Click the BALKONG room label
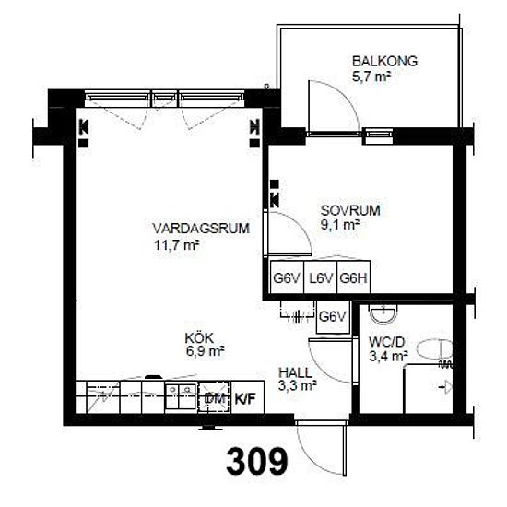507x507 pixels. [384, 61]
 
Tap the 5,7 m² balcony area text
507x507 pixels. [371, 77]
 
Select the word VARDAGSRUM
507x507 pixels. [201, 229]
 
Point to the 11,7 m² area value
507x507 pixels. [176, 245]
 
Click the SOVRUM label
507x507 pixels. [350, 210]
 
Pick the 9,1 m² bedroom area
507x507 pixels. [340, 224]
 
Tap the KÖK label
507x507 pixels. [199, 338]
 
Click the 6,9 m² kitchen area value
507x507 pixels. [205, 351]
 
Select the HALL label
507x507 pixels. [295, 372]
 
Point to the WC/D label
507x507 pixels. [387, 342]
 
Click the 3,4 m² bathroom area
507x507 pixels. [388, 357]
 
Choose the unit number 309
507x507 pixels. [257, 462]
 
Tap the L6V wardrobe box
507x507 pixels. [321, 277]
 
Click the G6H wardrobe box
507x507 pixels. [354, 277]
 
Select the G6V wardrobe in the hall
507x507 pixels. [333, 317]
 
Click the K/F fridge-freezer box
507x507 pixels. [247, 397]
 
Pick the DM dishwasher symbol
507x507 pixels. [215, 397]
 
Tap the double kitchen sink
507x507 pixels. [181, 397]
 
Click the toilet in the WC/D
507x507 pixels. [434, 349]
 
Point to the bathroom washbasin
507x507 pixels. [383, 314]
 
